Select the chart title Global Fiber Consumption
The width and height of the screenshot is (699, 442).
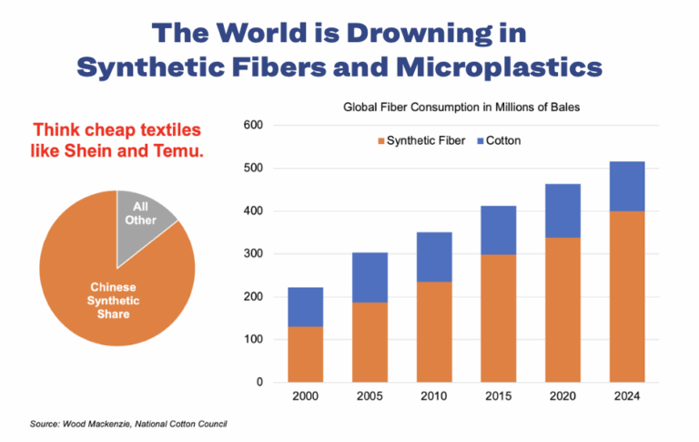pyautogui.click(x=461, y=107)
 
